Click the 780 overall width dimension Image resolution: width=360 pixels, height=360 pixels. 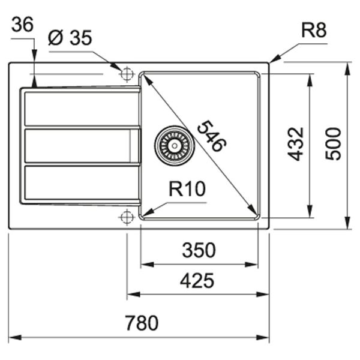point(142,323)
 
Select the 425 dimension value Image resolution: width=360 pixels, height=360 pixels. point(197,280)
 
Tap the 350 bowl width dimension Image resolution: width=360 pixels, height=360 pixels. point(198,250)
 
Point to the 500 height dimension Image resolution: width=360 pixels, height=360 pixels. point(333,143)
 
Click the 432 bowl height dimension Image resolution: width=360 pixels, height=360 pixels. point(295,143)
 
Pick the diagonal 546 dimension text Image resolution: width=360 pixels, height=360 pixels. point(211,137)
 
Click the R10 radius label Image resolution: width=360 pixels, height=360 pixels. point(187,190)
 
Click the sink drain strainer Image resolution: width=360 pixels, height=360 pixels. point(175,145)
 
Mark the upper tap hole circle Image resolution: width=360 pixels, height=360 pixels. point(127,74)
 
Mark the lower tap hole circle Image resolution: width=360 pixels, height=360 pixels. point(127,217)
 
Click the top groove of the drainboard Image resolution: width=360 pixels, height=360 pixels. point(81,109)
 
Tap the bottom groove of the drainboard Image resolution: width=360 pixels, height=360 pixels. point(81,182)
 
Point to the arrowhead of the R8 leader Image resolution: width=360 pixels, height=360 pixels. point(273,60)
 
